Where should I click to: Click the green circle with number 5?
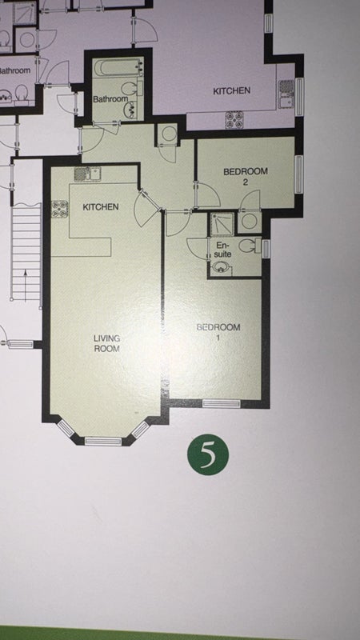tap(208, 454)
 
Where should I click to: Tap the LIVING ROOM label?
tap(106, 343)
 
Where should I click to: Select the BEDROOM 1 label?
tap(218, 332)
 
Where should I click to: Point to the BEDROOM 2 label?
tap(246, 176)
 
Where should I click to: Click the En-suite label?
tap(224, 250)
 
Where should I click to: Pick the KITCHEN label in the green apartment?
tap(101, 207)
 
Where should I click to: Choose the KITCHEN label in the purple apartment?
tap(231, 90)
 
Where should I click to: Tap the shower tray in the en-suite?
tap(222, 224)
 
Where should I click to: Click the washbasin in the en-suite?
tap(222, 269)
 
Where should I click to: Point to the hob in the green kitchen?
tap(59, 209)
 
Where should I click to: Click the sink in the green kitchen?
tap(87, 174)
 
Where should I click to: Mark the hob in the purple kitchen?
tap(234, 119)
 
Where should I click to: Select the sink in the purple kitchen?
tap(286, 94)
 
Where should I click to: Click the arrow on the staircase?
tap(26, 286)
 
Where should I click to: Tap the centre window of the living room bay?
tap(103, 442)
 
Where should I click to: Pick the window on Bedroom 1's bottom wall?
tap(222, 404)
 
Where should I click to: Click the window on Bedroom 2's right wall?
tap(299, 174)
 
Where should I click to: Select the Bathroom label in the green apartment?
tap(110, 98)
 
